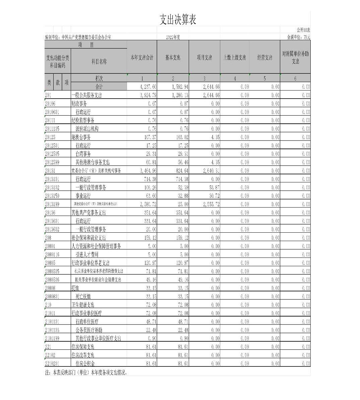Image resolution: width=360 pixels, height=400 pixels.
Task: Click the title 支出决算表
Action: [177, 20]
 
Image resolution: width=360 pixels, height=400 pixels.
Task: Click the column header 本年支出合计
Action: [142, 58]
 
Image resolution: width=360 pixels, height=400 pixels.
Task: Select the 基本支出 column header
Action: [173, 58]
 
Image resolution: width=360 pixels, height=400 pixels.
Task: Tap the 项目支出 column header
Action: [204, 58]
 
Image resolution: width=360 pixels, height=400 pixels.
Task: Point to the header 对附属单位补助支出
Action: [295, 58]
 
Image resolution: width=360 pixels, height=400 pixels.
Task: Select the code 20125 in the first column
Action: [50, 137]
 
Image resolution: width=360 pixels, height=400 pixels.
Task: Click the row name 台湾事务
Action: [83, 154]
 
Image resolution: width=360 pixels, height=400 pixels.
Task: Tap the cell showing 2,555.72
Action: [211, 204]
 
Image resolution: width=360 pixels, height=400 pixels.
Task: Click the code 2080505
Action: [52, 271]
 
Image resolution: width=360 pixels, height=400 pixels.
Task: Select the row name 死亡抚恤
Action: [83, 296]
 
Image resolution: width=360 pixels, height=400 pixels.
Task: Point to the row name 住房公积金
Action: [85, 363]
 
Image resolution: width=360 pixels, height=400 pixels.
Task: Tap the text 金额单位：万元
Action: [298, 37]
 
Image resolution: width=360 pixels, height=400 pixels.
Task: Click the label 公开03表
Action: [303, 30]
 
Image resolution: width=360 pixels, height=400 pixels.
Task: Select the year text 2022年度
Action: [173, 37]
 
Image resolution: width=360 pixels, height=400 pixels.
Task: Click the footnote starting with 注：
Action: [86, 372]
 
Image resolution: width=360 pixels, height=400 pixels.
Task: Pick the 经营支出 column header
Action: [264, 58]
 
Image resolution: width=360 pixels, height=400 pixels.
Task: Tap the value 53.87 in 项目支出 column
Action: [214, 187]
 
